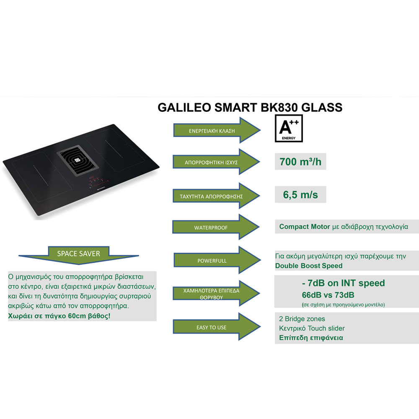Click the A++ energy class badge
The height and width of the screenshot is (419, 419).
[x=289, y=128]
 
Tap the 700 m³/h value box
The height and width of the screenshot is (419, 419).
[x=300, y=162]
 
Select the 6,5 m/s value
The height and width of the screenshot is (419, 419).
[x=300, y=194]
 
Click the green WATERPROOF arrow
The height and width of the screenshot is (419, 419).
[x=216, y=227]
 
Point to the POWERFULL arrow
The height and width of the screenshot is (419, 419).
[x=217, y=260]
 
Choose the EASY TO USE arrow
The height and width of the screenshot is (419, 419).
[x=217, y=327]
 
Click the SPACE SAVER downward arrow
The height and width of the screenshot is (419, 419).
[x=79, y=255]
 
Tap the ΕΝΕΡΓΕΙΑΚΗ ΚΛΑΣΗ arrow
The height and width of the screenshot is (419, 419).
[x=217, y=130]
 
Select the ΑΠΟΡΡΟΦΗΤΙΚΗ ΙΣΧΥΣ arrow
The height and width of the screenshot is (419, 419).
[x=216, y=162]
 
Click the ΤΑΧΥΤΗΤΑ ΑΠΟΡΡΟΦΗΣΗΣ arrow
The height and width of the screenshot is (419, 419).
[x=216, y=196]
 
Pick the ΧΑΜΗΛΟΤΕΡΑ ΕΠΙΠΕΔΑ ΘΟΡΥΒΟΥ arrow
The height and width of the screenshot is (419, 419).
[x=216, y=293]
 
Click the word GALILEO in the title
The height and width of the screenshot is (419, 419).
[x=184, y=107]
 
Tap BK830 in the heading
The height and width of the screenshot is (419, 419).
[x=279, y=107]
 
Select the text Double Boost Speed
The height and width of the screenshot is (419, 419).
[x=309, y=266]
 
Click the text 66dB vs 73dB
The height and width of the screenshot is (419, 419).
[x=328, y=295]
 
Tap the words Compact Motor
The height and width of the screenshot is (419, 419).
[x=305, y=227]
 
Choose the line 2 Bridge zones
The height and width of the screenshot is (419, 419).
[x=302, y=319]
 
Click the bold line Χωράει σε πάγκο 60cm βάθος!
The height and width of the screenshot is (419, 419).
[x=59, y=316]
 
